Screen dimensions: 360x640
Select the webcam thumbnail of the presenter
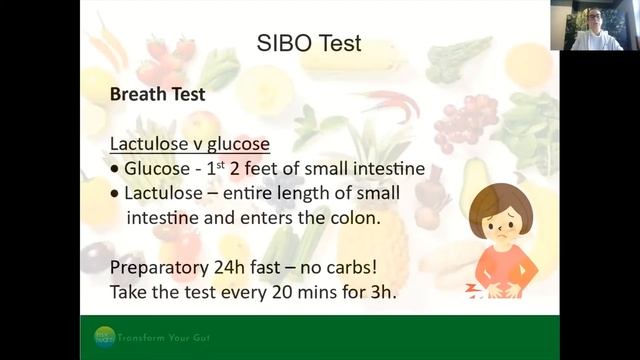[595, 25]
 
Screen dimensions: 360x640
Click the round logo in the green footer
[104, 337]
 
